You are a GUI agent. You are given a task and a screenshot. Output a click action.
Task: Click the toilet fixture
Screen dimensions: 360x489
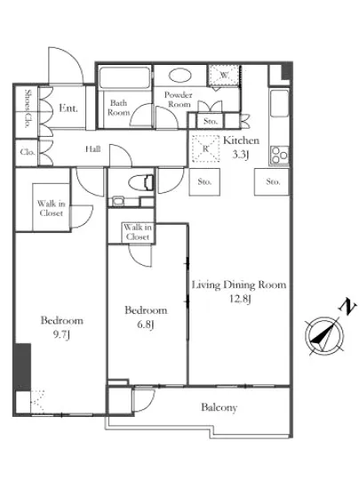click(x=140, y=182)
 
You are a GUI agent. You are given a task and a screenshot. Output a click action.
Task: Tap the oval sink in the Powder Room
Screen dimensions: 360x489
click(x=180, y=76)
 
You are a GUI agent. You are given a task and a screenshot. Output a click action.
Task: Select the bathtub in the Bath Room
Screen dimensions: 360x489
click(x=124, y=77)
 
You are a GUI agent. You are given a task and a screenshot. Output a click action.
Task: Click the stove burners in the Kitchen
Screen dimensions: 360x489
click(x=279, y=155)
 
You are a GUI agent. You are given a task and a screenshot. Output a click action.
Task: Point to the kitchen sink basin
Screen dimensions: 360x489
click(x=279, y=103)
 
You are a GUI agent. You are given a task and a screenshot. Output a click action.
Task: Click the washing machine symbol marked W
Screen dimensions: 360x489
click(x=224, y=75)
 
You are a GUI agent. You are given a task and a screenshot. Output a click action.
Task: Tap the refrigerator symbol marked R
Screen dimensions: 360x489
click(x=205, y=148)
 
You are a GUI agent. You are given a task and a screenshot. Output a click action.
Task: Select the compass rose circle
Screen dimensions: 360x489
click(x=324, y=336)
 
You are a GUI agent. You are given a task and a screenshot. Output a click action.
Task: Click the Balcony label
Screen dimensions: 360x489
click(x=220, y=407)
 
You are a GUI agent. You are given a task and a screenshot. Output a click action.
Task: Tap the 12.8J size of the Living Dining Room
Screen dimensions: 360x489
click(x=240, y=299)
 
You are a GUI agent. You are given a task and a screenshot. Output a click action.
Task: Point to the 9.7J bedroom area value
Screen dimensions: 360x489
click(x=61, y=335)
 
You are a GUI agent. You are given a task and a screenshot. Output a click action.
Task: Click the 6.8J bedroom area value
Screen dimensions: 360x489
click(x=146, y=325)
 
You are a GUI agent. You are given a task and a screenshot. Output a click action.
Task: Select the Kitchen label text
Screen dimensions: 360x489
click(x=241, y=140)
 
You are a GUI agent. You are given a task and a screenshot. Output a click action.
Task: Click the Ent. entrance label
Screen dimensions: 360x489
click(x=68, y=108)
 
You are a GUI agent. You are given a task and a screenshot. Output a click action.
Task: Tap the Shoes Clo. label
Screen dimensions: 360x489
click(x=28, y=108)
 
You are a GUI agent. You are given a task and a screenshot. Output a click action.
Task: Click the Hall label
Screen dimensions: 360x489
click(x=92, y=149)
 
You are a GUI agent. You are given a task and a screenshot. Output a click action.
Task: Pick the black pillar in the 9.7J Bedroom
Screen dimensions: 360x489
click(x=23, y=366)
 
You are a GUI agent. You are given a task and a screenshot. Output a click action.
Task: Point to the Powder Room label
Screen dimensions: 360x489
click(x=179, y=100)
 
